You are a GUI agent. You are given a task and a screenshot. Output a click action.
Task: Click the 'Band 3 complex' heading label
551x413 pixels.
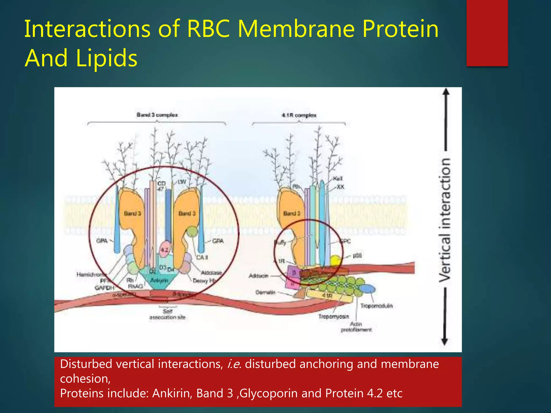click(157, 115)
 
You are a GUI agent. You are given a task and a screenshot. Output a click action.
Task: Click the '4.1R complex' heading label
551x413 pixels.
click(299, 115)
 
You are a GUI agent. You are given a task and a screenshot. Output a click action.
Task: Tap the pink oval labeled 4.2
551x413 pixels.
click(164, 250)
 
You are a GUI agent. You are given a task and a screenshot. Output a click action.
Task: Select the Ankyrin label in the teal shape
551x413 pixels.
click(159, 280)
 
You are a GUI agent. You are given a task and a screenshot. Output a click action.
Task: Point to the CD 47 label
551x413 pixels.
click(161, 186)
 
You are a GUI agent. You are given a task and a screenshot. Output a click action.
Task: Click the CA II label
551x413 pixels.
click(202, 257)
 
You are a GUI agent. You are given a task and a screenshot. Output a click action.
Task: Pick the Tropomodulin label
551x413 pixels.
click(376, 306)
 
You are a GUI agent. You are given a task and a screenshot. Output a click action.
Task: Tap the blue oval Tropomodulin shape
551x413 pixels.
click(367, 289)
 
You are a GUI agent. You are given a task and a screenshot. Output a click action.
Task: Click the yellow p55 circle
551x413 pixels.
click(335, 260)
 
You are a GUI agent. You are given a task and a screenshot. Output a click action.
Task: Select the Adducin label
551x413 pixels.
click(258, 276)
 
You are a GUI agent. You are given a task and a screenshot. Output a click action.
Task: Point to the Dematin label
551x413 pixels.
click(265, 292)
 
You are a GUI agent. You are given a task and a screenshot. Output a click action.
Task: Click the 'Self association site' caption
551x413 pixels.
click(167, 314)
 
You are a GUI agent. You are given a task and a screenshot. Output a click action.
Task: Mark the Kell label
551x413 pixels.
click(338, 179)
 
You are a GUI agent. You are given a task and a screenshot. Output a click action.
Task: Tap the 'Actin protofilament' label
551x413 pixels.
click(356, 327)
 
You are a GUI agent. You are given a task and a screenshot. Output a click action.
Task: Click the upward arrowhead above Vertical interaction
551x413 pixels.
click(446, 92)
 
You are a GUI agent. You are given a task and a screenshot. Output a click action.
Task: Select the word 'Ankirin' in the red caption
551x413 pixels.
click(172, 393)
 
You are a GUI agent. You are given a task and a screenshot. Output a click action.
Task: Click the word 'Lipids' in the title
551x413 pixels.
click(107, 58)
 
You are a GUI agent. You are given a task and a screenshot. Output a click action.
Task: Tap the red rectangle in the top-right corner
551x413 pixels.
click(487, 33)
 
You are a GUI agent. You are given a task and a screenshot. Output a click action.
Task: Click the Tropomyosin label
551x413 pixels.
click(334, 316)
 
